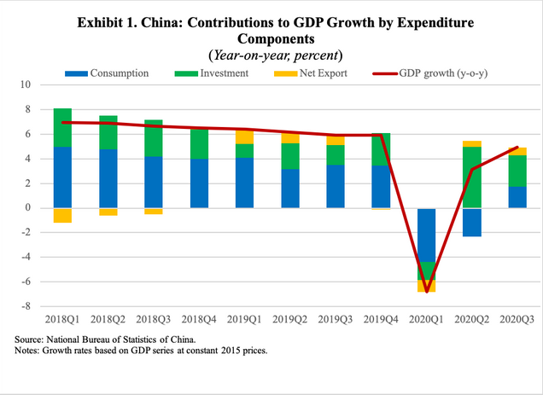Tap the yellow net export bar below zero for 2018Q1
tap(62, 215)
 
